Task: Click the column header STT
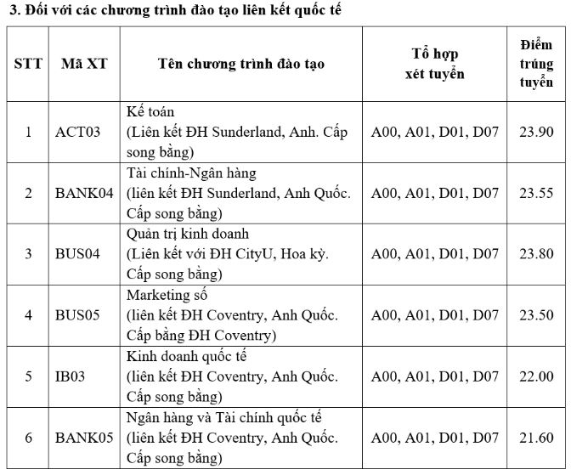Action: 28,64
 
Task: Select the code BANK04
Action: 84,193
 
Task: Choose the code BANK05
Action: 84,438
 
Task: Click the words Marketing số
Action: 166,296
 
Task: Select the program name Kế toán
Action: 149,112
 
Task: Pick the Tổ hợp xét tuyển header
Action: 434,64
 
